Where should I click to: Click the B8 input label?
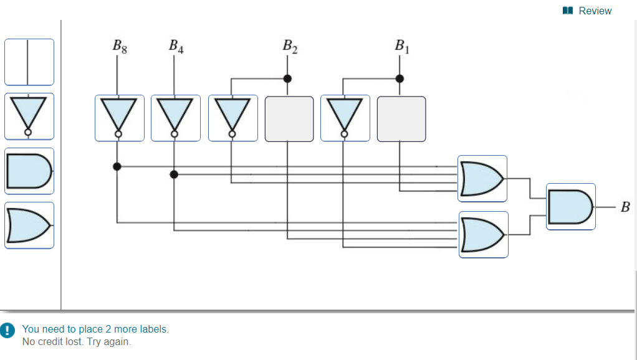pyautogui.click(x=120, y=47)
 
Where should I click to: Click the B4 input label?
pyautogui.click(x=176, y=47)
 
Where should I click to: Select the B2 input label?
pyautogui.click(x=290, y=47)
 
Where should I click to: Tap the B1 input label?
pyautogui.click(x=402, y=47)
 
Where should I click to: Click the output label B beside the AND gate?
pyautogui.click(x=625, y=207)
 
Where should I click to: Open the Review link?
pyautogui.click(x=587, y=11)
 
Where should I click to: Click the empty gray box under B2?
pyautogui.click(x=289, y=119)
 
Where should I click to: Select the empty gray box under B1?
pyautogui.click(x=401, y=119)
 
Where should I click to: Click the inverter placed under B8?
pyautogui.click(x=120, y=118)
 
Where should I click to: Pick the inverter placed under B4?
pyautogui.click(x=176, y=118)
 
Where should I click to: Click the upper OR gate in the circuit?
pyautogui.click(x=482, y=179)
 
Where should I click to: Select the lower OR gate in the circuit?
pyautogui.click(x=484, y=235)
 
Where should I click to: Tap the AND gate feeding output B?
pyautogui.click(x=571, y=207)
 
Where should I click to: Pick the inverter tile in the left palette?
pyautogui.click(x=29, y=116)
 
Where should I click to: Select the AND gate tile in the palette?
pyautogui.click(x=29, y=171)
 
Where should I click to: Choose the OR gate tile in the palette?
pyautogui.click(x=29, y=225)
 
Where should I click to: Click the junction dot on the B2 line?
pyautogui.click(x=287, y=78)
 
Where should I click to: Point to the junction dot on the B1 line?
pyautogui.click(x=400, y=78)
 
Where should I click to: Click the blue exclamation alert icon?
pyautogui.click(x=7, y=330)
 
